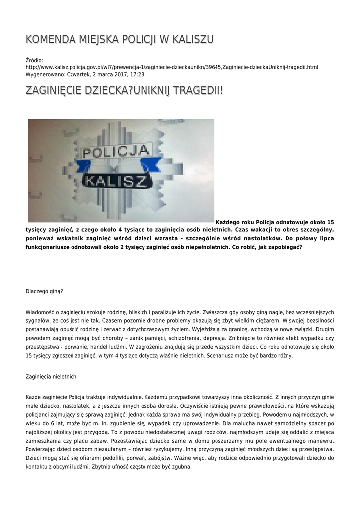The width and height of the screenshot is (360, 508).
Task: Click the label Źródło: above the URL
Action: tap(34, 60)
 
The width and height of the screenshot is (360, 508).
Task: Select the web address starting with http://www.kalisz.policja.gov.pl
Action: tap(171, 67)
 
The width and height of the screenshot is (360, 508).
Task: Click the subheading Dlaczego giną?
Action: tap(44, 291)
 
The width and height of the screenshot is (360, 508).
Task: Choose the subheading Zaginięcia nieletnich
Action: tap(51, 377)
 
